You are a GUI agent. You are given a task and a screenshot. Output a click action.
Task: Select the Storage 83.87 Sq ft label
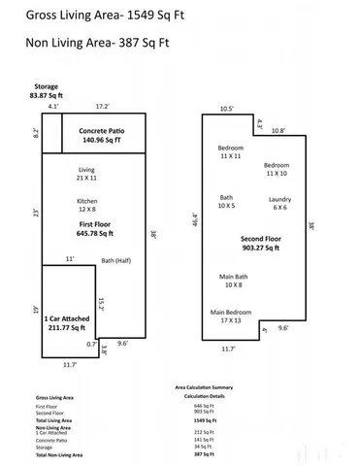click(46, 91)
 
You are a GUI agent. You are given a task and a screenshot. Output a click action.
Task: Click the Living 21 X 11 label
click(86, 175)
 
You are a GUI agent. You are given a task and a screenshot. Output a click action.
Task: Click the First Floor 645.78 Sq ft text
click(93, 228)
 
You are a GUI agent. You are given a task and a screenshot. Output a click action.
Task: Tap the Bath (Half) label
click(118, 261)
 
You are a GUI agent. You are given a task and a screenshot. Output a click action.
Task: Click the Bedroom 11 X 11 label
click(230, 152)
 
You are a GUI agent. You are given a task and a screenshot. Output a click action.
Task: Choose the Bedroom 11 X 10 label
click(277, 169)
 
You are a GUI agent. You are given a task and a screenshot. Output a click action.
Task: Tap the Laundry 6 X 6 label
click(279, 204)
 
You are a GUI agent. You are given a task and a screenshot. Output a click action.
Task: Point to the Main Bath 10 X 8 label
click(233, 282)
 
